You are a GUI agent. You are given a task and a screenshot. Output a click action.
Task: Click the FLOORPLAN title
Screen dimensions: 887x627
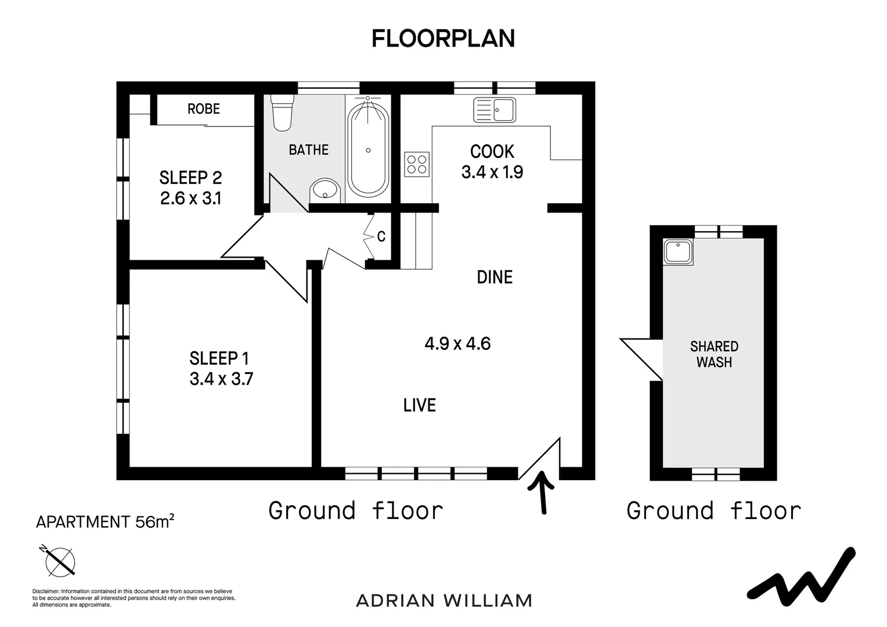(x=443, y=39)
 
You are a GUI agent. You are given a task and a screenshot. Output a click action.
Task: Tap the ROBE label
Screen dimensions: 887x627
(x=204, y=109)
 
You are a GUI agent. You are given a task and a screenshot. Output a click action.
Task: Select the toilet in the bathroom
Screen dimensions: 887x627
(x=282, y=113)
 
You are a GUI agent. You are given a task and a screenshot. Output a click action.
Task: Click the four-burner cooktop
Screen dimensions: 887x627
(x=417, y=164)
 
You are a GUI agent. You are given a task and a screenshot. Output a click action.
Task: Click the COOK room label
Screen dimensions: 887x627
(x=492, y=152)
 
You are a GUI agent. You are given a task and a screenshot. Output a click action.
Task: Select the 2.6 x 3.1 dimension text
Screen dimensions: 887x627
(x=190, y=199)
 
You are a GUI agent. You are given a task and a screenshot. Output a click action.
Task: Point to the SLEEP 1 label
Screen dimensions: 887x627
(x=219, y=358)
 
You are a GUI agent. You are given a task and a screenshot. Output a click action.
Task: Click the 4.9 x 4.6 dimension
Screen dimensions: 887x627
(x=457, y=344)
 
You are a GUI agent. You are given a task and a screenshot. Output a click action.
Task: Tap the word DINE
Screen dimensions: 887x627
(x=495, y=278)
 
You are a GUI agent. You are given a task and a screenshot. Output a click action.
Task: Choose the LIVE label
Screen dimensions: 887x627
(x=419, y=405)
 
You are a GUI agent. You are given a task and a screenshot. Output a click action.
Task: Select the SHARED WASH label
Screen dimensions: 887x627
(x=715, y=354)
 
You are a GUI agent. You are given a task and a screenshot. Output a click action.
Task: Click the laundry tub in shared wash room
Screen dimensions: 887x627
(x=679, y=252)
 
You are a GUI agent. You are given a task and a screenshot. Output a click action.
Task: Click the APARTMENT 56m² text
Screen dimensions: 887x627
(x=105, y=522)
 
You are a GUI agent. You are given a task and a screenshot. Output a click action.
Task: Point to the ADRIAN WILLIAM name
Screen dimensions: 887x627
(x=444, y=601)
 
